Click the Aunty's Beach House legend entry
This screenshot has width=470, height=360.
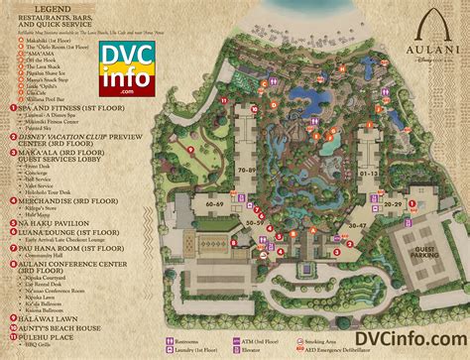coord(59,327)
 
